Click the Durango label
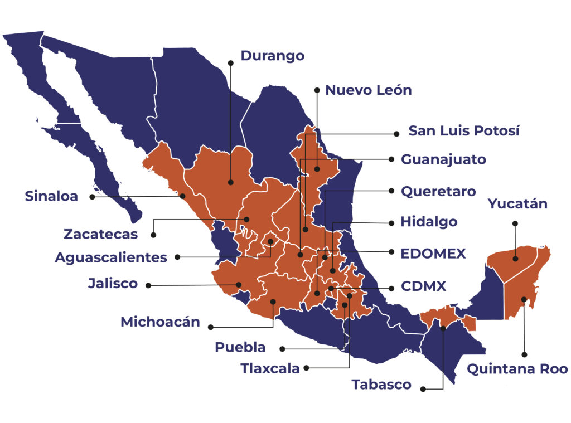pos(272,56)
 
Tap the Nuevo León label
pos(368,90)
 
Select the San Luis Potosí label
pos(464,131)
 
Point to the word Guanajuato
pos(443,159)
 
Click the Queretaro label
pos(438,191)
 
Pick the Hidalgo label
pos(429,222)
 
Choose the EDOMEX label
pos(433,254)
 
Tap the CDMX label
pos(423,286)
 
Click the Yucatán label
pos(517,204)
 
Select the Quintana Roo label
pos(517,369)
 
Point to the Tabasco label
pos(381,385)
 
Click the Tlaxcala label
pos(270,368)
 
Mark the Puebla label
pos(240,347)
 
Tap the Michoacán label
pos(160,322)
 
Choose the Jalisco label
pos(113,283)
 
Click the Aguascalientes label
pos(111,257)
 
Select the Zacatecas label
pos(100,234)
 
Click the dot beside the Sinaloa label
pos(92,197)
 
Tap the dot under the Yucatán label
pos(515,223)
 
